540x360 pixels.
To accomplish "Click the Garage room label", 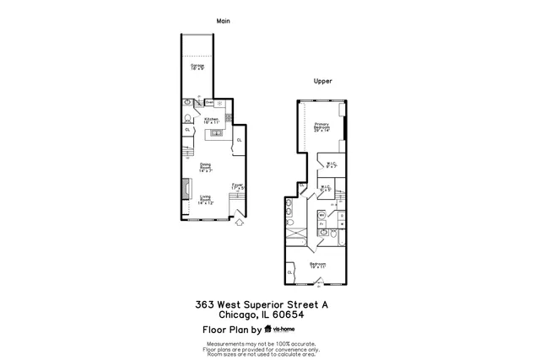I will [197, 67].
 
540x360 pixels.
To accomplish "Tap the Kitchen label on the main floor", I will [211, 121].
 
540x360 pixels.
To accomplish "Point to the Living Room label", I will [205, 201].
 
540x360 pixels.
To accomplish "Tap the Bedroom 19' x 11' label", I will [317, 266].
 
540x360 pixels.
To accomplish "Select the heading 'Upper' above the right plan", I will [322, 82].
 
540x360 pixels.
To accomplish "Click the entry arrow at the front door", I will [239, 223].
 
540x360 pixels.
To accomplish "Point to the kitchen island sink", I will [217, 133].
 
